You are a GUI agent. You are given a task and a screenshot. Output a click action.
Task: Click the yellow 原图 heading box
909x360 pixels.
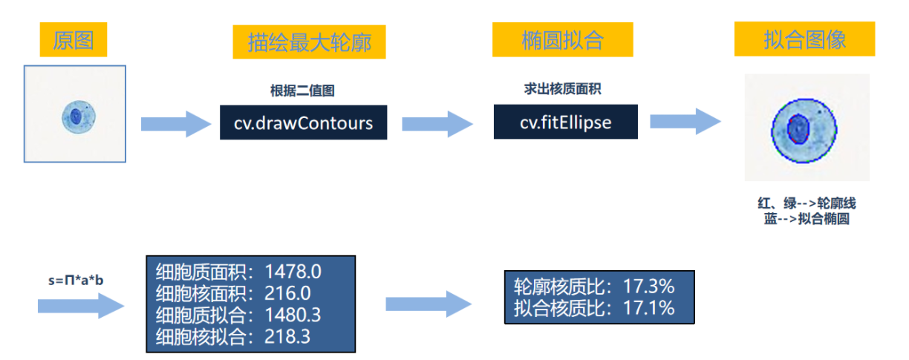click(74, 39)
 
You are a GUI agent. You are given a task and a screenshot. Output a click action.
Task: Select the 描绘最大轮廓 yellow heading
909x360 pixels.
click(310, 42)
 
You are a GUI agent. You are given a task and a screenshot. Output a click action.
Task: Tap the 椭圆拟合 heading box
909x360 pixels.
click(562, 39)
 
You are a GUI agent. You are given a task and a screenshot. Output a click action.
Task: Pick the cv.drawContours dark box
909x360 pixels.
click(303, 122)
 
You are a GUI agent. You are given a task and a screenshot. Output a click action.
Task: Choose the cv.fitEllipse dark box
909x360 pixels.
click(566, 122)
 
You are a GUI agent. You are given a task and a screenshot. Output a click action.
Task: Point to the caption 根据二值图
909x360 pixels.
click(302, 91)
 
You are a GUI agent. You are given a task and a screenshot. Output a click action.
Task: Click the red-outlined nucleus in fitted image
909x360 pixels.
click(798, 129)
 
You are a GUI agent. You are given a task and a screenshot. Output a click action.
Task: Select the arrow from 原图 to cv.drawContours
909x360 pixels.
click(176, 123)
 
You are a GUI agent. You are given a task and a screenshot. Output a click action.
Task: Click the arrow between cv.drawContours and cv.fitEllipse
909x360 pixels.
click(437, 122)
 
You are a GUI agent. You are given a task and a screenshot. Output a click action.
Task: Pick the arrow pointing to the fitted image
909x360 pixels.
click(685, 122)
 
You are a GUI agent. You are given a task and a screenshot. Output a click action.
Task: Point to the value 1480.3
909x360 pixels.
click(293, 315)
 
